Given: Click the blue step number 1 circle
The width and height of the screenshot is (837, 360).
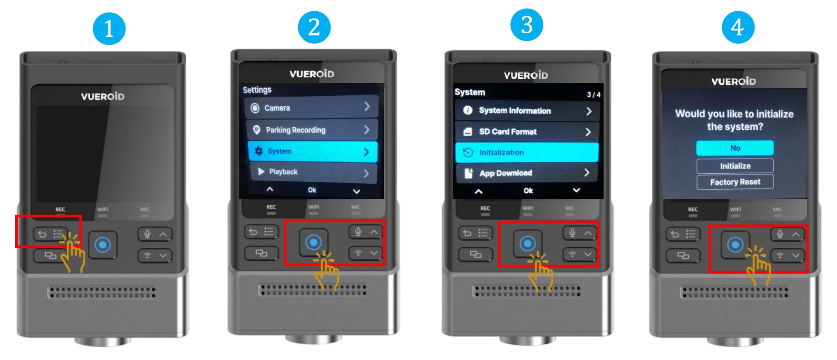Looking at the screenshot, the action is tap(109, 28).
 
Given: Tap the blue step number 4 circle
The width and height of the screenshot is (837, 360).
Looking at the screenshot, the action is tap(738, 27).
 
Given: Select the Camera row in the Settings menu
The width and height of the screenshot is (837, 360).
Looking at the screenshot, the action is tap(311, 107).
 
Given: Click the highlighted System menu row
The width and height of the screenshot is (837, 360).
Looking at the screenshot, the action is tap(312, 151).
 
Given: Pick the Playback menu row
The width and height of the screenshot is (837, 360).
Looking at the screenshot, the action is tap(313, 172).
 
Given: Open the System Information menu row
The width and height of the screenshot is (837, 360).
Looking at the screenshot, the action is tap(527, 111).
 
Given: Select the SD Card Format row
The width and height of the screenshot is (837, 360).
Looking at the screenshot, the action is tap(527, 132).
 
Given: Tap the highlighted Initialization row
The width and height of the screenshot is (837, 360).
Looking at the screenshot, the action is tap(527, 152).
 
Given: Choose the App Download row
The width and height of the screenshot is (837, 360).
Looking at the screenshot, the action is tap(527, 173).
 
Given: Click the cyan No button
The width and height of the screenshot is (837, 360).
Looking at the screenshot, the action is tap(735, 148).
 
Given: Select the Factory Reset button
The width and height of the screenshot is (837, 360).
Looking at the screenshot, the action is tap(735, 182).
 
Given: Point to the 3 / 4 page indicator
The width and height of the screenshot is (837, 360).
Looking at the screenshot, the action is tap(593, 95).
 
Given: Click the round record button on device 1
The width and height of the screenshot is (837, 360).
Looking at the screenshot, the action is tap(103, 244).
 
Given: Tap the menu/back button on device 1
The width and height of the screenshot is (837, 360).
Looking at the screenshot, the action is tap(50, 234).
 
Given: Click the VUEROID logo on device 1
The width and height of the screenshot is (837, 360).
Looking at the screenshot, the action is tap(103, 96).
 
